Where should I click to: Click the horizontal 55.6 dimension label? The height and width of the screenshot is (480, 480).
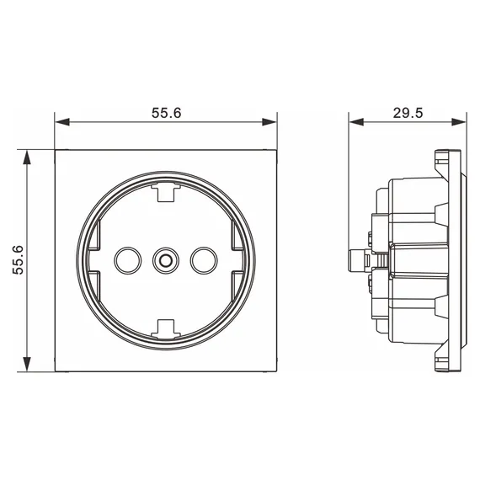click(x=167, y=113)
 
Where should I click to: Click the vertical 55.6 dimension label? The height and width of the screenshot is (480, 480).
click(x=18, y=260)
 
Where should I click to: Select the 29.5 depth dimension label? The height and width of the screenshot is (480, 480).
click(x=408, y=113)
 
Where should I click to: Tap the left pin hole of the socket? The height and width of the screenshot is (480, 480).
click(x=128, y=260)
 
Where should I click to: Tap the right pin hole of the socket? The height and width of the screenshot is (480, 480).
click(x=204, y=260)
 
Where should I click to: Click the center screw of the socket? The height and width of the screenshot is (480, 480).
click(x=166, y=261)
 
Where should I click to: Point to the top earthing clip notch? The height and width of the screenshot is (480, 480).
click(x=166, y=192)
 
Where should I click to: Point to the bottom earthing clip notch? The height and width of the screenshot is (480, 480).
click(x=166, y=329)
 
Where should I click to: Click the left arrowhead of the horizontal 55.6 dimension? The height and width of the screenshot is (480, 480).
click(x=62, y=122)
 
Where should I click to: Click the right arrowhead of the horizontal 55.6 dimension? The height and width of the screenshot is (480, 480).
click(x=269, y=122)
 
